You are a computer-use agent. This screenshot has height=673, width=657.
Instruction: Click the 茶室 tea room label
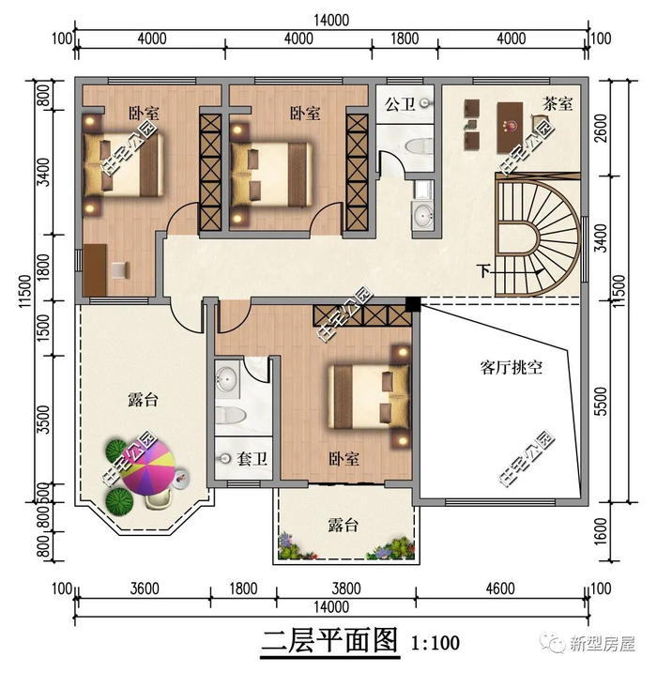coord(558,103)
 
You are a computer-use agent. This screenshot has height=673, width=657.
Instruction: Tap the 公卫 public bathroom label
coord(400,104)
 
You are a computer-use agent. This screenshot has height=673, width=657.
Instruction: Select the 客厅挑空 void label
coord(512,367)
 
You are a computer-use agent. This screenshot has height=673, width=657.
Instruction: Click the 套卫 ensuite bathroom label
coord(252,459)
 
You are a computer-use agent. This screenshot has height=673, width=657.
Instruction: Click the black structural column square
coord(413,303)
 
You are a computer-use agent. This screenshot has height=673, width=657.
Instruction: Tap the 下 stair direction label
coord(484,271)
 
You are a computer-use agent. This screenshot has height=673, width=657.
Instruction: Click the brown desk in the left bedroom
coord(95,269)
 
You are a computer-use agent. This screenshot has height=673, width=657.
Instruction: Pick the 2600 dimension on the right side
coord(602,128)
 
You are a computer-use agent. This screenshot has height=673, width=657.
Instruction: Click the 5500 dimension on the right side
coord(602,402)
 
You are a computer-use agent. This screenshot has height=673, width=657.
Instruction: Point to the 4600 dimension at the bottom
coord(500,589)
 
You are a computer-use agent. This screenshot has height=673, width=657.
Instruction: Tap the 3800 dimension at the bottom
coord(346,589)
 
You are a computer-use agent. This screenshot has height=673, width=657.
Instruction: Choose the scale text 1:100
coord(435,643)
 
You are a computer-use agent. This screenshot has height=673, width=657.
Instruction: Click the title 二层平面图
coord(330,641)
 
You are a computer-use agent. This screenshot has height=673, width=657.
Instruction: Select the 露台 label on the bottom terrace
coord(343,525)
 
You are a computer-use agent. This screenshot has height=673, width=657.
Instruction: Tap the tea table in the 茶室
coord(510,128)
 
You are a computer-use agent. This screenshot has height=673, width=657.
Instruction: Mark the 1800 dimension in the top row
coord(405,38)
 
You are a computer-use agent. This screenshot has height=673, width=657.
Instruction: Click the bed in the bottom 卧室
coord(369,397)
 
